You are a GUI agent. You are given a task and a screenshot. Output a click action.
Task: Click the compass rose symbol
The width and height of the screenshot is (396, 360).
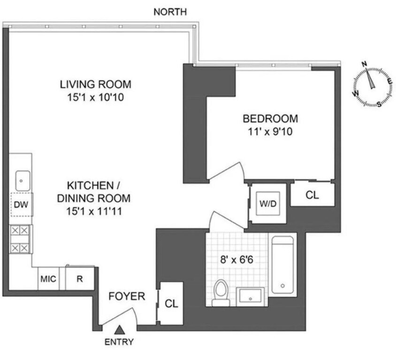click(373, 84)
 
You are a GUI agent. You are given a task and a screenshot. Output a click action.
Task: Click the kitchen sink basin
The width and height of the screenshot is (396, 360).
click(22, 179)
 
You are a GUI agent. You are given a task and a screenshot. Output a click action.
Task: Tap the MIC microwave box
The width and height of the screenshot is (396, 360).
click(48, 279)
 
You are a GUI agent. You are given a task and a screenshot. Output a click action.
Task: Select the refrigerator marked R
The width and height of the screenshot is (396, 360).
click(80, 279)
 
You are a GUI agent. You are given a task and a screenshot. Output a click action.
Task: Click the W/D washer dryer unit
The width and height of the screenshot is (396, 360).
click(267, 204)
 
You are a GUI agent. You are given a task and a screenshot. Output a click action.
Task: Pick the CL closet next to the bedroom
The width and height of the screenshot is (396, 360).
click(312, 195)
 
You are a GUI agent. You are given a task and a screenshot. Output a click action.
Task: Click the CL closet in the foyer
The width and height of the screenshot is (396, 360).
click(171, 303)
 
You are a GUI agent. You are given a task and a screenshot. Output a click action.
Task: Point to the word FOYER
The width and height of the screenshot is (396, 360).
click(127, 296)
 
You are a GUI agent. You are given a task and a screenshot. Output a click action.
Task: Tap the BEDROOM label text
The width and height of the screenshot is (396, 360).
click(270, 119)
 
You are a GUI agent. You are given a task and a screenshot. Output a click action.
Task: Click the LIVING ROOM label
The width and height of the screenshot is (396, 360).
click(95, 85)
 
